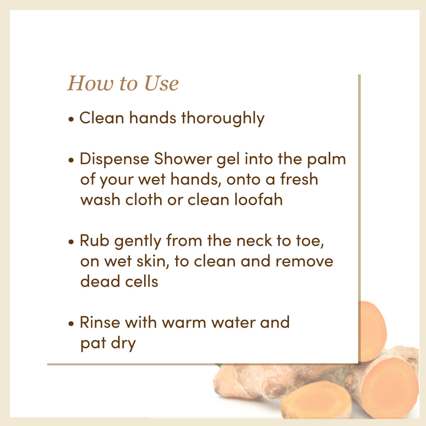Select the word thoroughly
click(223, 118)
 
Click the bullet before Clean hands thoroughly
click(71, 119)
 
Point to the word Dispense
click(114, 159)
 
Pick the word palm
click(326, 159)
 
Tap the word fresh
click(299, 179)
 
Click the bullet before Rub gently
click(71, 242)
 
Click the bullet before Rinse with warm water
click(71, 324)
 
